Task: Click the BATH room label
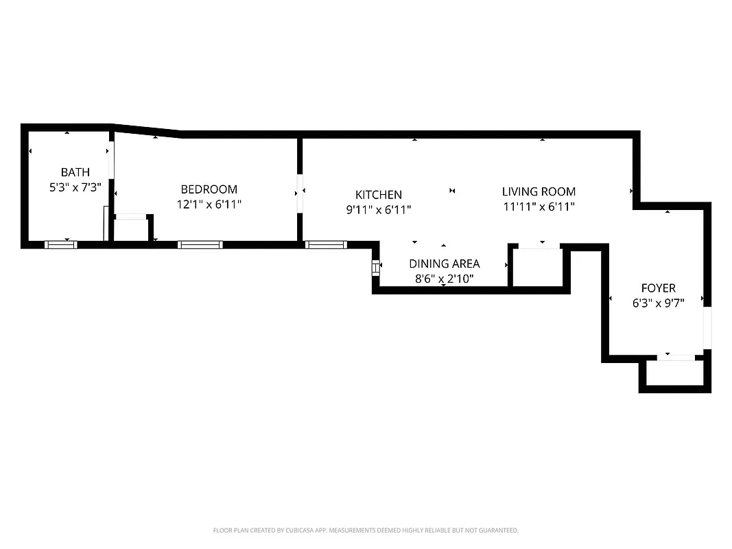pyautogui.click(x=75, y=172)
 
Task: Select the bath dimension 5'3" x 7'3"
pyautogui.click(x=75, y=187)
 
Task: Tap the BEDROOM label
pyautogui.click(x=209, y=189)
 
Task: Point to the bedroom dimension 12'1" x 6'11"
pyautogui.click(x=209, y=204)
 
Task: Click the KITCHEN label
pyautogui.click(x=378, y=195)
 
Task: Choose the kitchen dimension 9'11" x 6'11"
pyautogui.click(x=378, y=210)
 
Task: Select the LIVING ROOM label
pyautogui.click(x=539, y=191)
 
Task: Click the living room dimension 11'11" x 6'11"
pyautogui.click(x=539, y=207)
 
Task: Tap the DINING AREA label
pyautogui.click(x=444, y=264)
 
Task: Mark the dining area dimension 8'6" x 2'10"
pyautogui.click(x=444, y=279)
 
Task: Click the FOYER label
pyautogui.click(x=658, y=288)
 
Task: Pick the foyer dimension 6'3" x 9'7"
pyautogui.click(x=658, y=303)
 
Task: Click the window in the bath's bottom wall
pyautogui.click(x=61, y=244)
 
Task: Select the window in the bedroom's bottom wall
pyautogui.click(x=200, y=244)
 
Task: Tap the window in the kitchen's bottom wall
pyautogui.click(x=326, y=244)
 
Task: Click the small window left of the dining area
pyautogui.click(x=375, y=268)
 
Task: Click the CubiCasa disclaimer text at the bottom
pyautogui.click(x=366, y=530)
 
